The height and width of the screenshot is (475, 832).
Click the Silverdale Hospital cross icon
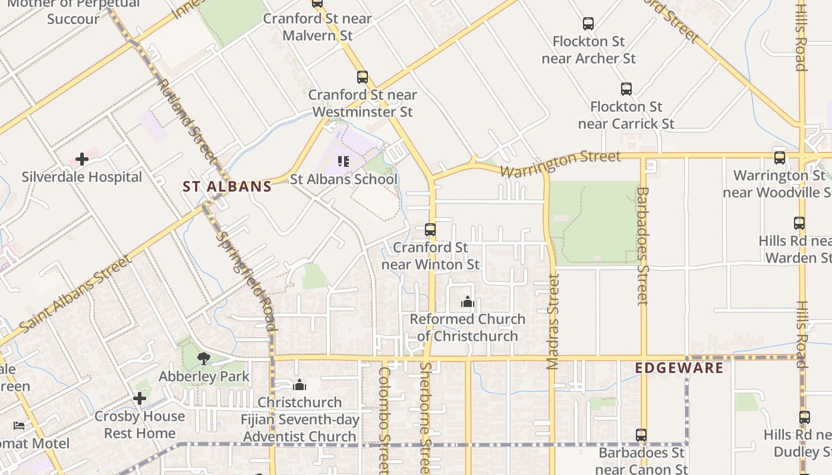(82, 159)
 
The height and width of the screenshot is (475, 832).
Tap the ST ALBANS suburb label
(227, 186)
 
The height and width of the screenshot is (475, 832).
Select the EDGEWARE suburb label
(679, 368)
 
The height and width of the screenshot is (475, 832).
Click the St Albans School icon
(343, 161)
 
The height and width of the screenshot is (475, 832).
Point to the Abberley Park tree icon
(204, 358)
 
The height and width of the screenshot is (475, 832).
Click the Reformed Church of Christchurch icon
(468, 302)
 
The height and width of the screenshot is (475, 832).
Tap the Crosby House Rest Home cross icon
(140, 398)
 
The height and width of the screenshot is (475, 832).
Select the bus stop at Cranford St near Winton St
(430, 230)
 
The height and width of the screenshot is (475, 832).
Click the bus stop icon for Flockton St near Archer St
(588, 24)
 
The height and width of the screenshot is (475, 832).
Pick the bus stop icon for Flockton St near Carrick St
(626, 89)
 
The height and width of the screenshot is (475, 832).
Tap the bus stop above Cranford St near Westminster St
(363, 77)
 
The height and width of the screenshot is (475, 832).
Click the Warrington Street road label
(560, 163)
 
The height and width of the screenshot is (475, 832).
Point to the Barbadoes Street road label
(642, 246)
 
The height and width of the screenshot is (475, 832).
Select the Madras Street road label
(553, 321)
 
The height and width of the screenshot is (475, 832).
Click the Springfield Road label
(245, 280)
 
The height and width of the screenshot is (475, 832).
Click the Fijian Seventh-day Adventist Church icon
(300, 385)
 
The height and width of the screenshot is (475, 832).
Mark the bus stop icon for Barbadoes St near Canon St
(641, 435)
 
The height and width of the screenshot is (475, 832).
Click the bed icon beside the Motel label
(20, 426)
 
